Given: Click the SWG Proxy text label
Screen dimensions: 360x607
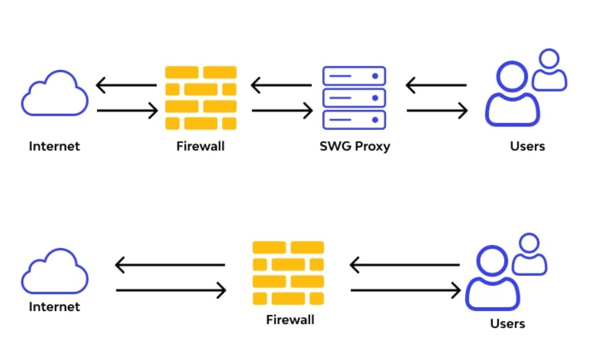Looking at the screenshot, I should coord(355,146).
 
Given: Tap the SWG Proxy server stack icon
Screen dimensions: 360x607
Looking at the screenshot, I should coord(354,98).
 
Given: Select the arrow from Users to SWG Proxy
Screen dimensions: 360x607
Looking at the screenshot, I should coord(436,85).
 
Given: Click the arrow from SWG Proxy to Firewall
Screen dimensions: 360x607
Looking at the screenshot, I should coord(281,85).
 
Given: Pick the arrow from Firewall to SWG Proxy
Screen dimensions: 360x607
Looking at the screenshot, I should coord(282,110).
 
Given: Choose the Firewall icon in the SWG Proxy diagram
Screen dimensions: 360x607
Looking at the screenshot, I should coord(201,98).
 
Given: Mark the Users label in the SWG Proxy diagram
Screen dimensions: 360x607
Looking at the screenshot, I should coord(527,146).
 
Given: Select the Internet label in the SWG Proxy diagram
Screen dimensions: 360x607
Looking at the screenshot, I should coord(54,146).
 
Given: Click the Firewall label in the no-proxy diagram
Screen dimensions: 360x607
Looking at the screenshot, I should coord(290,320).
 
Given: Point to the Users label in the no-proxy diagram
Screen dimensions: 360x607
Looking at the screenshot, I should coord(508,324).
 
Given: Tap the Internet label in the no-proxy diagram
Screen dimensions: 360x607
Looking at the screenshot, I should coord(54,307).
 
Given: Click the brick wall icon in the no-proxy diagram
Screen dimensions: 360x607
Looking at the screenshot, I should coord(288,273).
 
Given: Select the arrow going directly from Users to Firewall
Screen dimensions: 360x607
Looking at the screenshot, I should coord(405,265).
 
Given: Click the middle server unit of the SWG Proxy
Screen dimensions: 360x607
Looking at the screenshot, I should coord(354,98).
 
